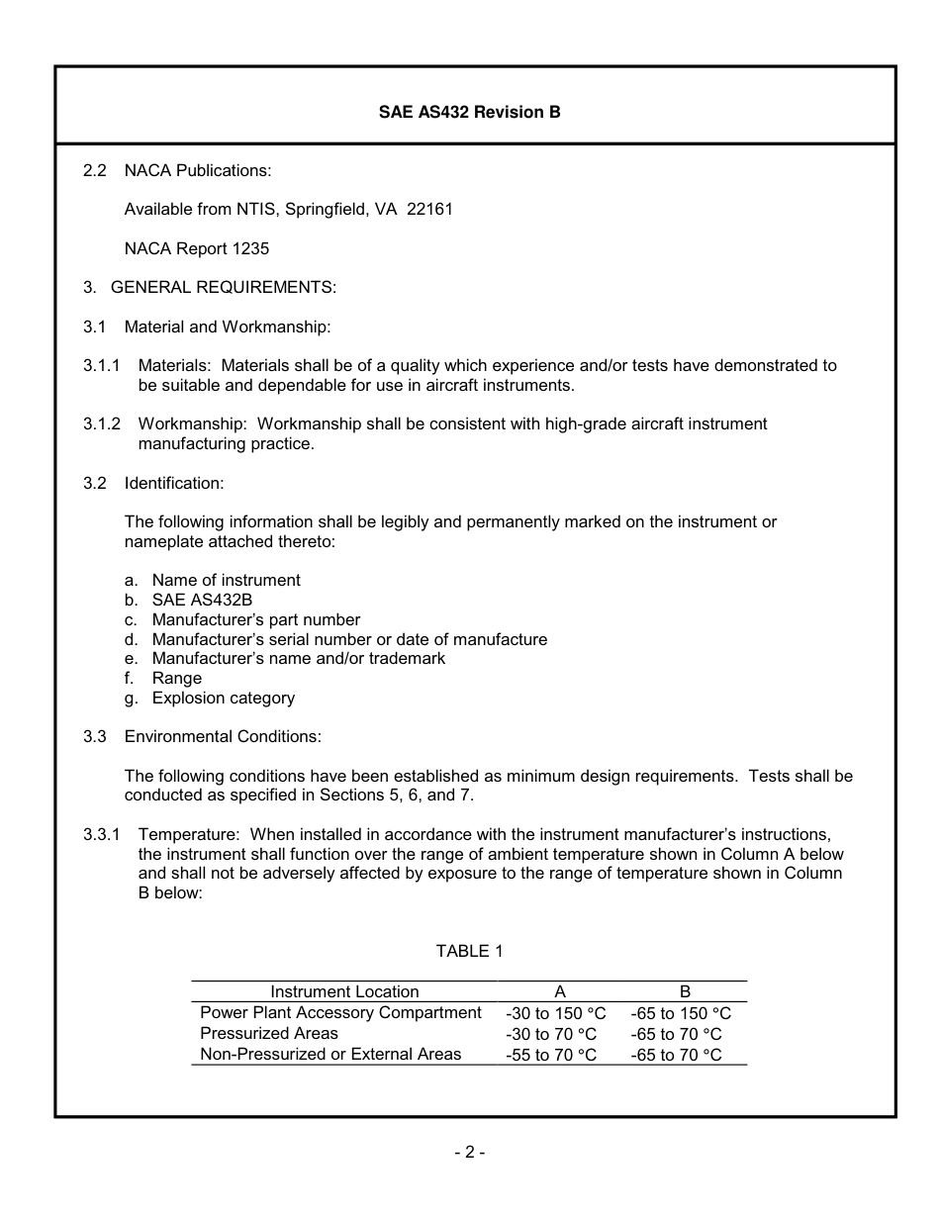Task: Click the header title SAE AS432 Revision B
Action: coord(469,112)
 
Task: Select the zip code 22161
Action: coord(429,210)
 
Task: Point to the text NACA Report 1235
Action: coord(196,249)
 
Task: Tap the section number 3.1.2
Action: coord(102,423)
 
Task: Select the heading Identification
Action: coord(174,483)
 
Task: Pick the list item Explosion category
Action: coord(223,698)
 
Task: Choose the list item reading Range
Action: coord(176,678)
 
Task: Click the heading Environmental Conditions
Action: coord(223,736)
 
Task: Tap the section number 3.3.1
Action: coord(102,834)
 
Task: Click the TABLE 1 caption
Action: coord(469,951)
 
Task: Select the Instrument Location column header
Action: coord(344,991)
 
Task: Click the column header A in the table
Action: coord(559,991)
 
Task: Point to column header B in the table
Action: coord(685,991)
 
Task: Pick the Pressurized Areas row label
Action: coord(268,1033)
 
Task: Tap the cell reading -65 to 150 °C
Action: coord(680,1013)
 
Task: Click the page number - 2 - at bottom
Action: coord(469,1152)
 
